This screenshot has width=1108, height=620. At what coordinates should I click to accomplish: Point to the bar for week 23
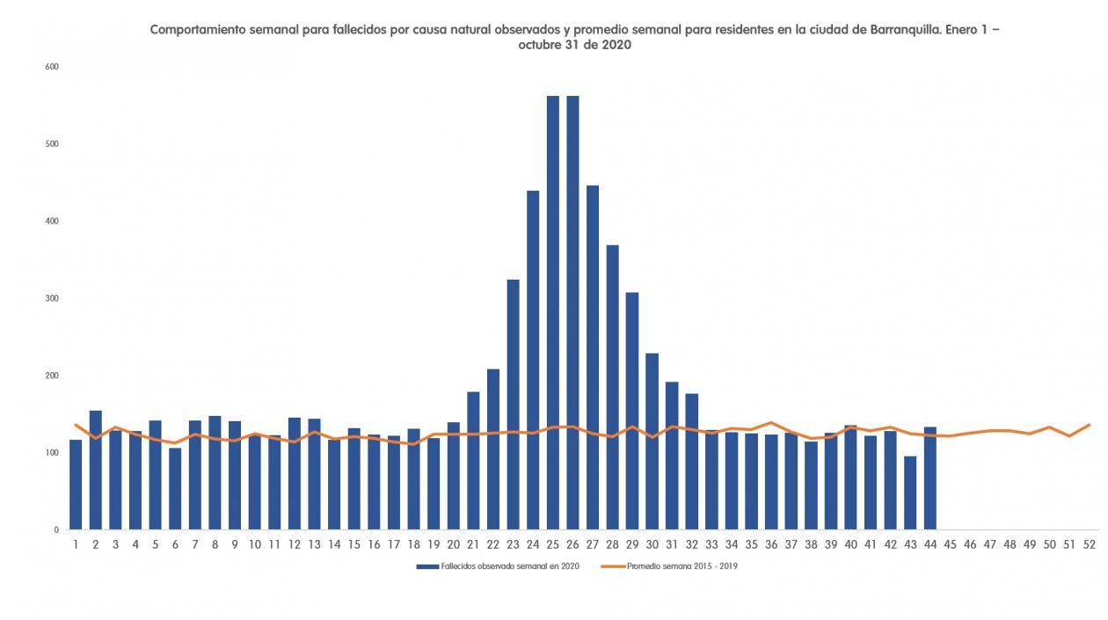[x=513, y=405]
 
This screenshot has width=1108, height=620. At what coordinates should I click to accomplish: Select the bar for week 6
[x=175, y=488]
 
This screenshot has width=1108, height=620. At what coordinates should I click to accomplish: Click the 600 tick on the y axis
[x=52, y=67]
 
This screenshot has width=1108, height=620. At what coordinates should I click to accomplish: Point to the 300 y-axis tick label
[x=52, y=298]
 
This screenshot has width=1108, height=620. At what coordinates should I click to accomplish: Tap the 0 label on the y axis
[x=55, y=529]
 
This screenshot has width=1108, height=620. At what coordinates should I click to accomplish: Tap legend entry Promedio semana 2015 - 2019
[x=682, y=567]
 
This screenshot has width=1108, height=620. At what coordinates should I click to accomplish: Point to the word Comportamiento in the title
[x=197, y=29]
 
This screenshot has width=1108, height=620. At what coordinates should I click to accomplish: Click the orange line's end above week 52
[x=1089, y=425]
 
